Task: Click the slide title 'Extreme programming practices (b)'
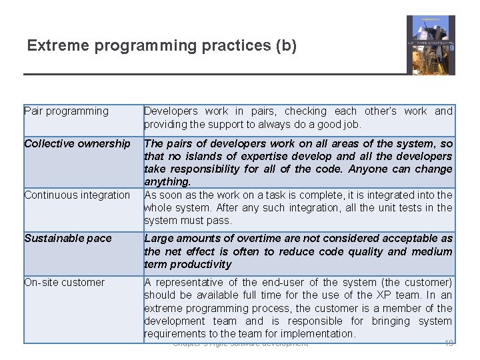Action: pos(161,46)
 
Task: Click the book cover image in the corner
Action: pos(431,45)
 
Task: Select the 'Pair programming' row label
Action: pos(66,111)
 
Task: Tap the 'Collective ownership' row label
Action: pos(77,143)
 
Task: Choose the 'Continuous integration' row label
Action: pos(77,195)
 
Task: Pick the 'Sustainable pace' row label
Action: pos(68,239)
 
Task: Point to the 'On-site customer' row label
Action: pos(64,283)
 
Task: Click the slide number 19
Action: pos(449,343)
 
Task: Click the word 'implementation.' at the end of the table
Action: pos(319,334)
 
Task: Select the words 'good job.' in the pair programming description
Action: pos(339,125)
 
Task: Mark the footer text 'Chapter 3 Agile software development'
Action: pos(240,344)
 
